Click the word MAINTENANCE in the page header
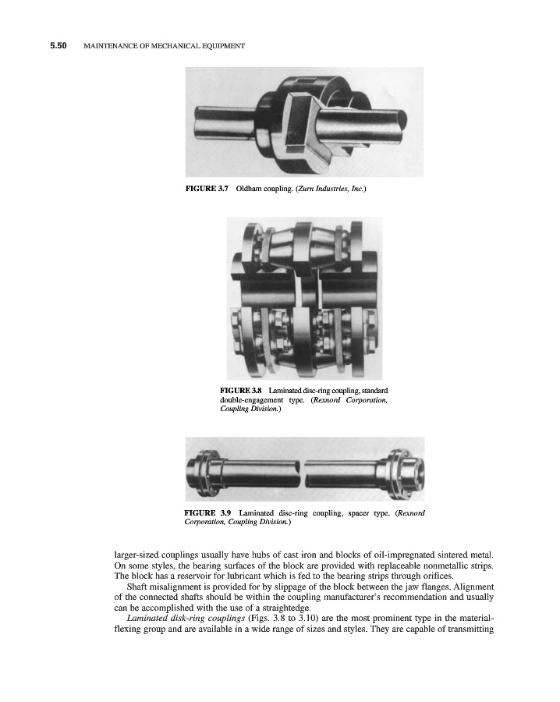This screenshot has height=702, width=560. tap(112, 46)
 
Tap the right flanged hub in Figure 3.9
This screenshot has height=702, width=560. tap(402, 471)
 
